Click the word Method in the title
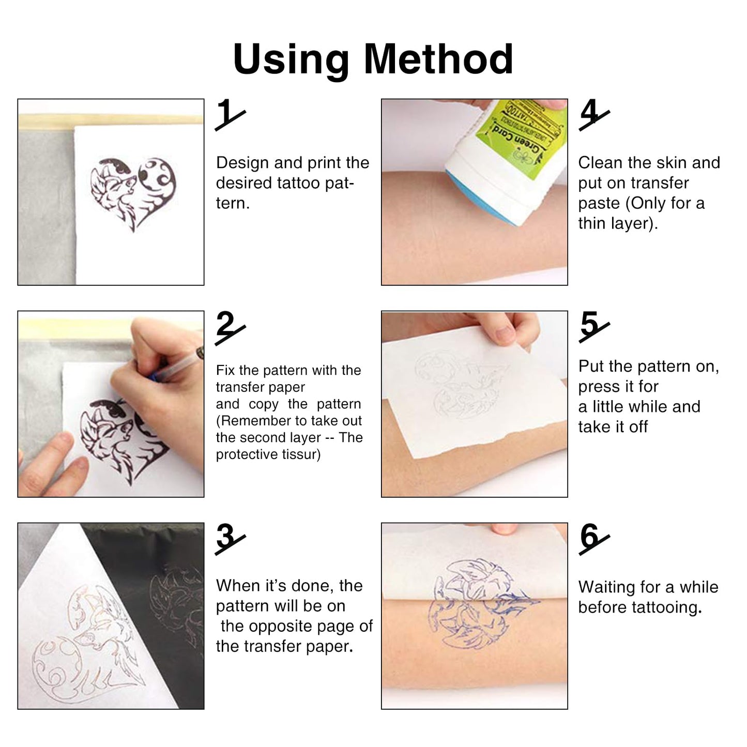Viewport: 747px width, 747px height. (x=438, y=59)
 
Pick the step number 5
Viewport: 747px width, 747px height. (x=590, y=326)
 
